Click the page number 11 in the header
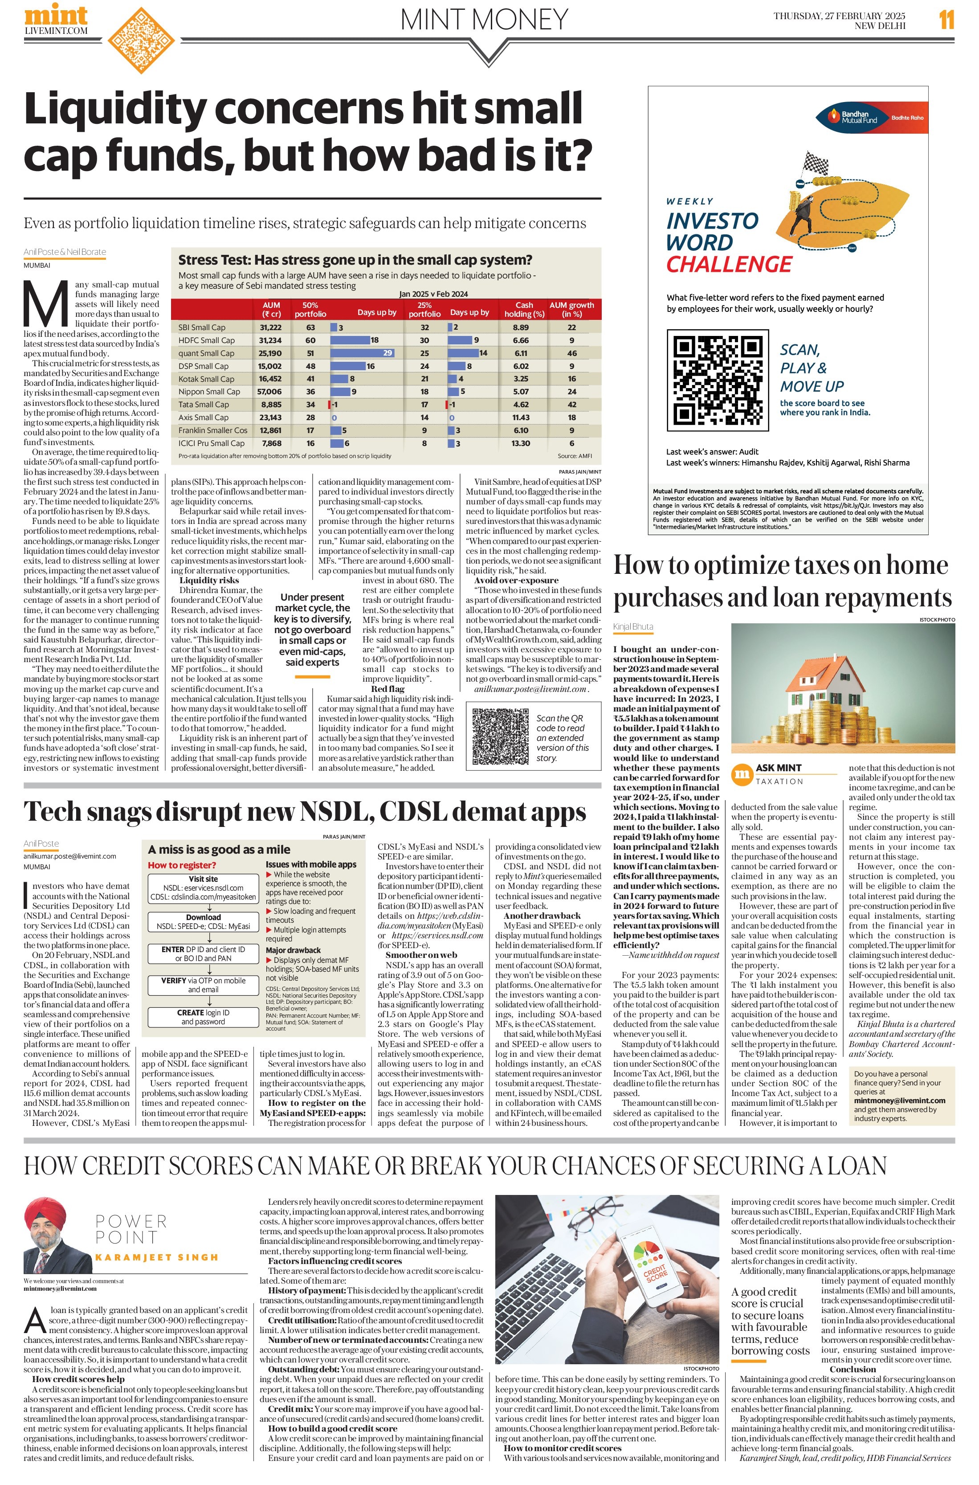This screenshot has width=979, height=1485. (x=946, y=20)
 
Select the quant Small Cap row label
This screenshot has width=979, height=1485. (x=206, y=353)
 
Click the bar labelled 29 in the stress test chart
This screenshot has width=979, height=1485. (x=362, y=353)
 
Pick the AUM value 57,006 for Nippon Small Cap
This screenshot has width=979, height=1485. (x=270, y=392)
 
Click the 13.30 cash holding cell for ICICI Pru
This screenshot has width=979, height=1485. (x=521, y=443)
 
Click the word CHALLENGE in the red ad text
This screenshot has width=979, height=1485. (x=729, y=265)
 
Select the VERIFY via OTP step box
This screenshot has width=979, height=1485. (x=203, y=985)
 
